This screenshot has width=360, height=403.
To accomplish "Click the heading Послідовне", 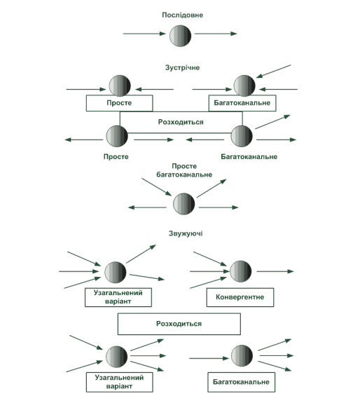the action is pos(182,15).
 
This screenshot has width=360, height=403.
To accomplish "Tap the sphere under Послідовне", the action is pos(180,36).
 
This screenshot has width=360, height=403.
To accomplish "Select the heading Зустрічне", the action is pos(182,67).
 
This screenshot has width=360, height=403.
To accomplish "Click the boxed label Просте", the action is pos(119,103).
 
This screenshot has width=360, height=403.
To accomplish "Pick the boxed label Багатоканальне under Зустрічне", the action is pos(242,103).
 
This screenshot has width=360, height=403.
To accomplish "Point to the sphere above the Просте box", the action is pos(120,86).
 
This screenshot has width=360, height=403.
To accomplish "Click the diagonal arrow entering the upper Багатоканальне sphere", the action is pos(273,71).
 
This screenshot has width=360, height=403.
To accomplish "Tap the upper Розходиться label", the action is pos(181,122).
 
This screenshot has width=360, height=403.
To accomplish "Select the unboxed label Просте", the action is pos(116,156).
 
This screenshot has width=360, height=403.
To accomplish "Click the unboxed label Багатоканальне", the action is pos(249,156).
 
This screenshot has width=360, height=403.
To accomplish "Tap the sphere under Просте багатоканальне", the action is pos(184,204).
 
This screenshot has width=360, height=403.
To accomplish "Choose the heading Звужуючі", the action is pos(186,233).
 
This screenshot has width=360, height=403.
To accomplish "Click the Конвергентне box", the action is pos(240,297).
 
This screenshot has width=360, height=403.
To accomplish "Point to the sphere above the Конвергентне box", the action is pos(241,271).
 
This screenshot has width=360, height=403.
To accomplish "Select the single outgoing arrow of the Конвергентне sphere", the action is pos(275,271).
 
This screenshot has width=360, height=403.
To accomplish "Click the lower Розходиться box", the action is pos(179,324).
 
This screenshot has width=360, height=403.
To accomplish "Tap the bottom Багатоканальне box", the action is pos(242,382).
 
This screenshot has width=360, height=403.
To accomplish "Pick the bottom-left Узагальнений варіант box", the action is pos(119,382).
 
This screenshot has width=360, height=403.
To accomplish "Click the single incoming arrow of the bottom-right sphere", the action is pos(209,358).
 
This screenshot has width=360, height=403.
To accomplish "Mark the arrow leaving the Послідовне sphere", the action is pos(216,34).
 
